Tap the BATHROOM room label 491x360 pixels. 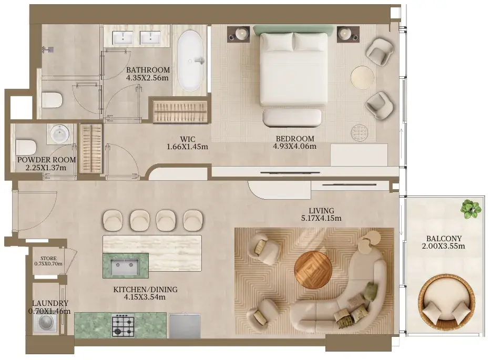point(148,70)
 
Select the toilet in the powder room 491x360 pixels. point(26,147)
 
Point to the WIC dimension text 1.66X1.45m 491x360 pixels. point(187,147)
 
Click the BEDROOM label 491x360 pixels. point(295,138)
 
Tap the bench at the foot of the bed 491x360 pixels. point(292,118)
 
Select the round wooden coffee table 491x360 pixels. point(313,270)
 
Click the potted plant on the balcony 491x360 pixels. point(470,209)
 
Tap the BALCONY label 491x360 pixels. point(444,239)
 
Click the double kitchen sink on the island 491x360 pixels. point(126,266)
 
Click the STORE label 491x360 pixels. point(48,258)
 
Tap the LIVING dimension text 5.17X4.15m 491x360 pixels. point(321,218)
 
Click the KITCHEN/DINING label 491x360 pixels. point(145,290)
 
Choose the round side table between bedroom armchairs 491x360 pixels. point(362,77)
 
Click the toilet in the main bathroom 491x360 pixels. point(52,100)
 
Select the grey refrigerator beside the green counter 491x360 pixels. point(185,326)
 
